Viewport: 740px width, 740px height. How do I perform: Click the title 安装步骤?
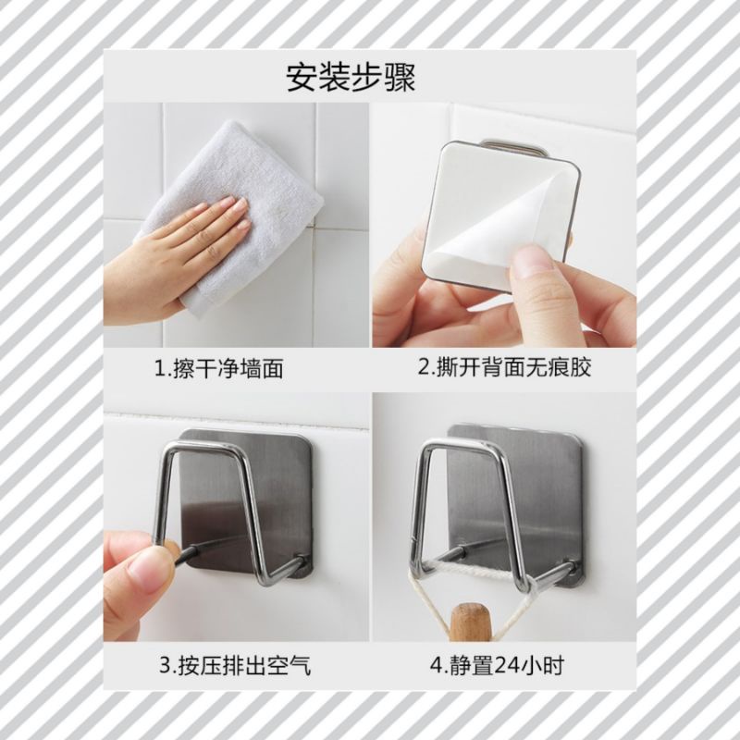351,78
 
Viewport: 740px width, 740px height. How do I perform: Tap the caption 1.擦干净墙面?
219,368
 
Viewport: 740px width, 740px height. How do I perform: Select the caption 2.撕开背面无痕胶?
504,367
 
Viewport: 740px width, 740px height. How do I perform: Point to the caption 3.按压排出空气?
235,666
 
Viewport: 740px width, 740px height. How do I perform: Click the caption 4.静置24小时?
497,666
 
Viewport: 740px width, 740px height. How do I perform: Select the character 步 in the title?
367,78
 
